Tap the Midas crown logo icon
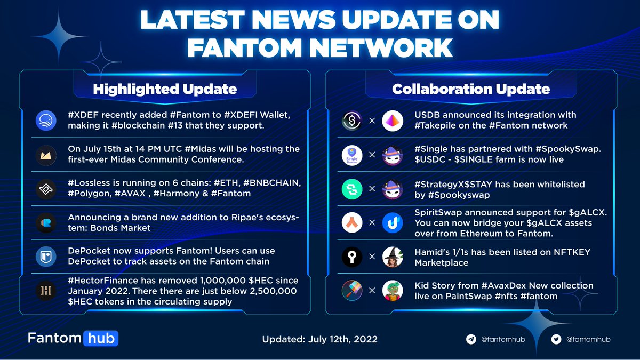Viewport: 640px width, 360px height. [45, 155]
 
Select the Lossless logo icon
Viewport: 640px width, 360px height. [45, 189]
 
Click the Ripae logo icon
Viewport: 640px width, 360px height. [45, 222]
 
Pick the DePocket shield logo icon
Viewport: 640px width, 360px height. [45, 257]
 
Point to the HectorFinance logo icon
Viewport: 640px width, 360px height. [45, 291]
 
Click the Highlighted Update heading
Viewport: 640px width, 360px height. [165, 89]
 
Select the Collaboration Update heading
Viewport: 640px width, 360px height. [471, 89]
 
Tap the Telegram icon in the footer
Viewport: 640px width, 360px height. [471, 339]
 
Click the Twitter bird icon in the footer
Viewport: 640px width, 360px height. [556, 339]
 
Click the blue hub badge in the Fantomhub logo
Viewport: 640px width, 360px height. [100, 338]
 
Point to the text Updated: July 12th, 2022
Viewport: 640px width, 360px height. [319, 339]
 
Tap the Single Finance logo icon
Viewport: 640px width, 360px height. [352, 155]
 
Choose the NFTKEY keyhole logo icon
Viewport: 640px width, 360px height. [352, 257]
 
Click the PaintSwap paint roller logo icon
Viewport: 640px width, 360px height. [352, 291]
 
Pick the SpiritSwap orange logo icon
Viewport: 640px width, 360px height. [352, 223]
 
